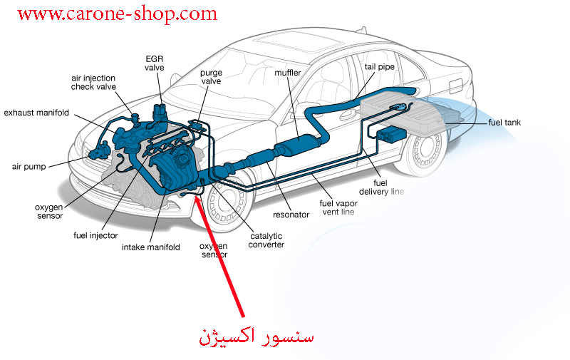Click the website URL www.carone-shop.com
(x=117, y=14)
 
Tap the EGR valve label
(x=155, y=63)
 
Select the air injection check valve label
(x=93, y=83)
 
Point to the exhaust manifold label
(x=36, y=113)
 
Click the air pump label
(x=29, y=167)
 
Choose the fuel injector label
(x=95, y=236)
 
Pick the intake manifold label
(x=151, y=247)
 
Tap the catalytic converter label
(x=266, y=240)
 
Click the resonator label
(x=291, y=215)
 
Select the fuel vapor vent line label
(x=338, y=207)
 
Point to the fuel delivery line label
(x=381, y=187)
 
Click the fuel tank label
(x=504, y=123)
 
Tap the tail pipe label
(x=380, y=67)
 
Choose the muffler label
(x=288, y=73)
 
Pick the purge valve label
(x=211, y=77)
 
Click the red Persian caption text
(x=256, y=336)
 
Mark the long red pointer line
(x=219, y=256)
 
